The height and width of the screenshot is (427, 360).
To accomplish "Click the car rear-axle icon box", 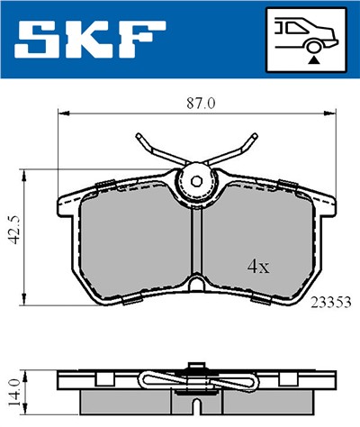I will (306, 41).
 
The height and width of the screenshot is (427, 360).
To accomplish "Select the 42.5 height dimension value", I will (11, 233).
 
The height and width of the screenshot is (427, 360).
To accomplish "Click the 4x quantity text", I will (259, 267).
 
